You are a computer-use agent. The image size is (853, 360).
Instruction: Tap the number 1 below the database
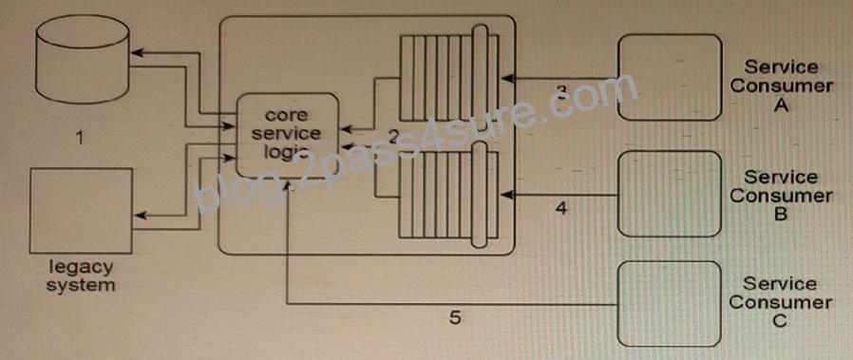tap(80, 138)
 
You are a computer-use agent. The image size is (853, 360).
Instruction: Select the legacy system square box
tap(81, 211)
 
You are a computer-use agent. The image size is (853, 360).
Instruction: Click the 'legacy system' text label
tap(81, 275)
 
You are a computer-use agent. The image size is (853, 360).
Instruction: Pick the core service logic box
tap(287, 135)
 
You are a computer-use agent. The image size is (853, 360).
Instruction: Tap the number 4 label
tap(562, 208)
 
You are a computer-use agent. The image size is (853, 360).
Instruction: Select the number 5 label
tap(455, 317)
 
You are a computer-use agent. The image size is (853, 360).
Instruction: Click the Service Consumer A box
tap(670, 77)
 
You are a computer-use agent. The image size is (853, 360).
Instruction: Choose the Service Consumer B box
tap(670, 194)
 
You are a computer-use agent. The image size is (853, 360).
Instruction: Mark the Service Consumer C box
tap(670, 304)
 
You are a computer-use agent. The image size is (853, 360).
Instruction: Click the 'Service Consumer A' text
tap(781, 85)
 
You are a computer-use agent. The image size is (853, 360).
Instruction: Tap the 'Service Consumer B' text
tap(781, 196)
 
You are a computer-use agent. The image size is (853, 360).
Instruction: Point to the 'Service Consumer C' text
tap(781, 302)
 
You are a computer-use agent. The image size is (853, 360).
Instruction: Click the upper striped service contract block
tap(449, 78)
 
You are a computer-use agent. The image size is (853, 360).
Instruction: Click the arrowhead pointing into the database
tap(137, 53)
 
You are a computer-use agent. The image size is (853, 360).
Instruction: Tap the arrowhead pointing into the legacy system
tap(140, 216)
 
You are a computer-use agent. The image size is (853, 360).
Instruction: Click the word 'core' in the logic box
tap(287, 115)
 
